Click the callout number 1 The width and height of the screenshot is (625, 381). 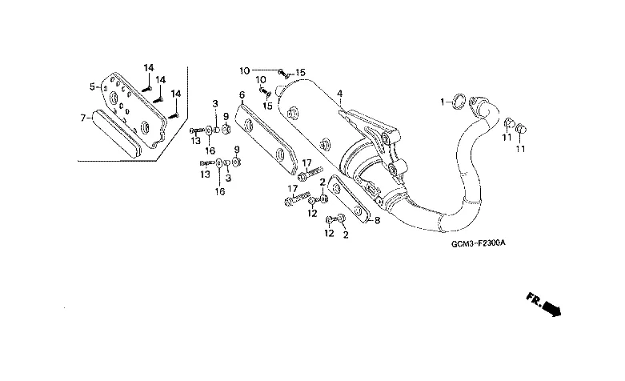(x=440, y=102)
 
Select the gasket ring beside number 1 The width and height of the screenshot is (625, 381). (x=458, y=102)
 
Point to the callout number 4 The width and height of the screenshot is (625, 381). (x=339, y=94)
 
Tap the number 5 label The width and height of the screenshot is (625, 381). (x=93, y=86)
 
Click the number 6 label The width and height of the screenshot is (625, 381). (x=241, y=94)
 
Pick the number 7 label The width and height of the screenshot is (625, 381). (x=82, y=118)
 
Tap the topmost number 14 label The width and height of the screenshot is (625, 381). (x=148, y=66)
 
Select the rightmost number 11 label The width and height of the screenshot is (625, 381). (x=521, y=149)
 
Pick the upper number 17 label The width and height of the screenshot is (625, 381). (x=306, y=163)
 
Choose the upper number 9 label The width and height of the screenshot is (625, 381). (x=226, y=116)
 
